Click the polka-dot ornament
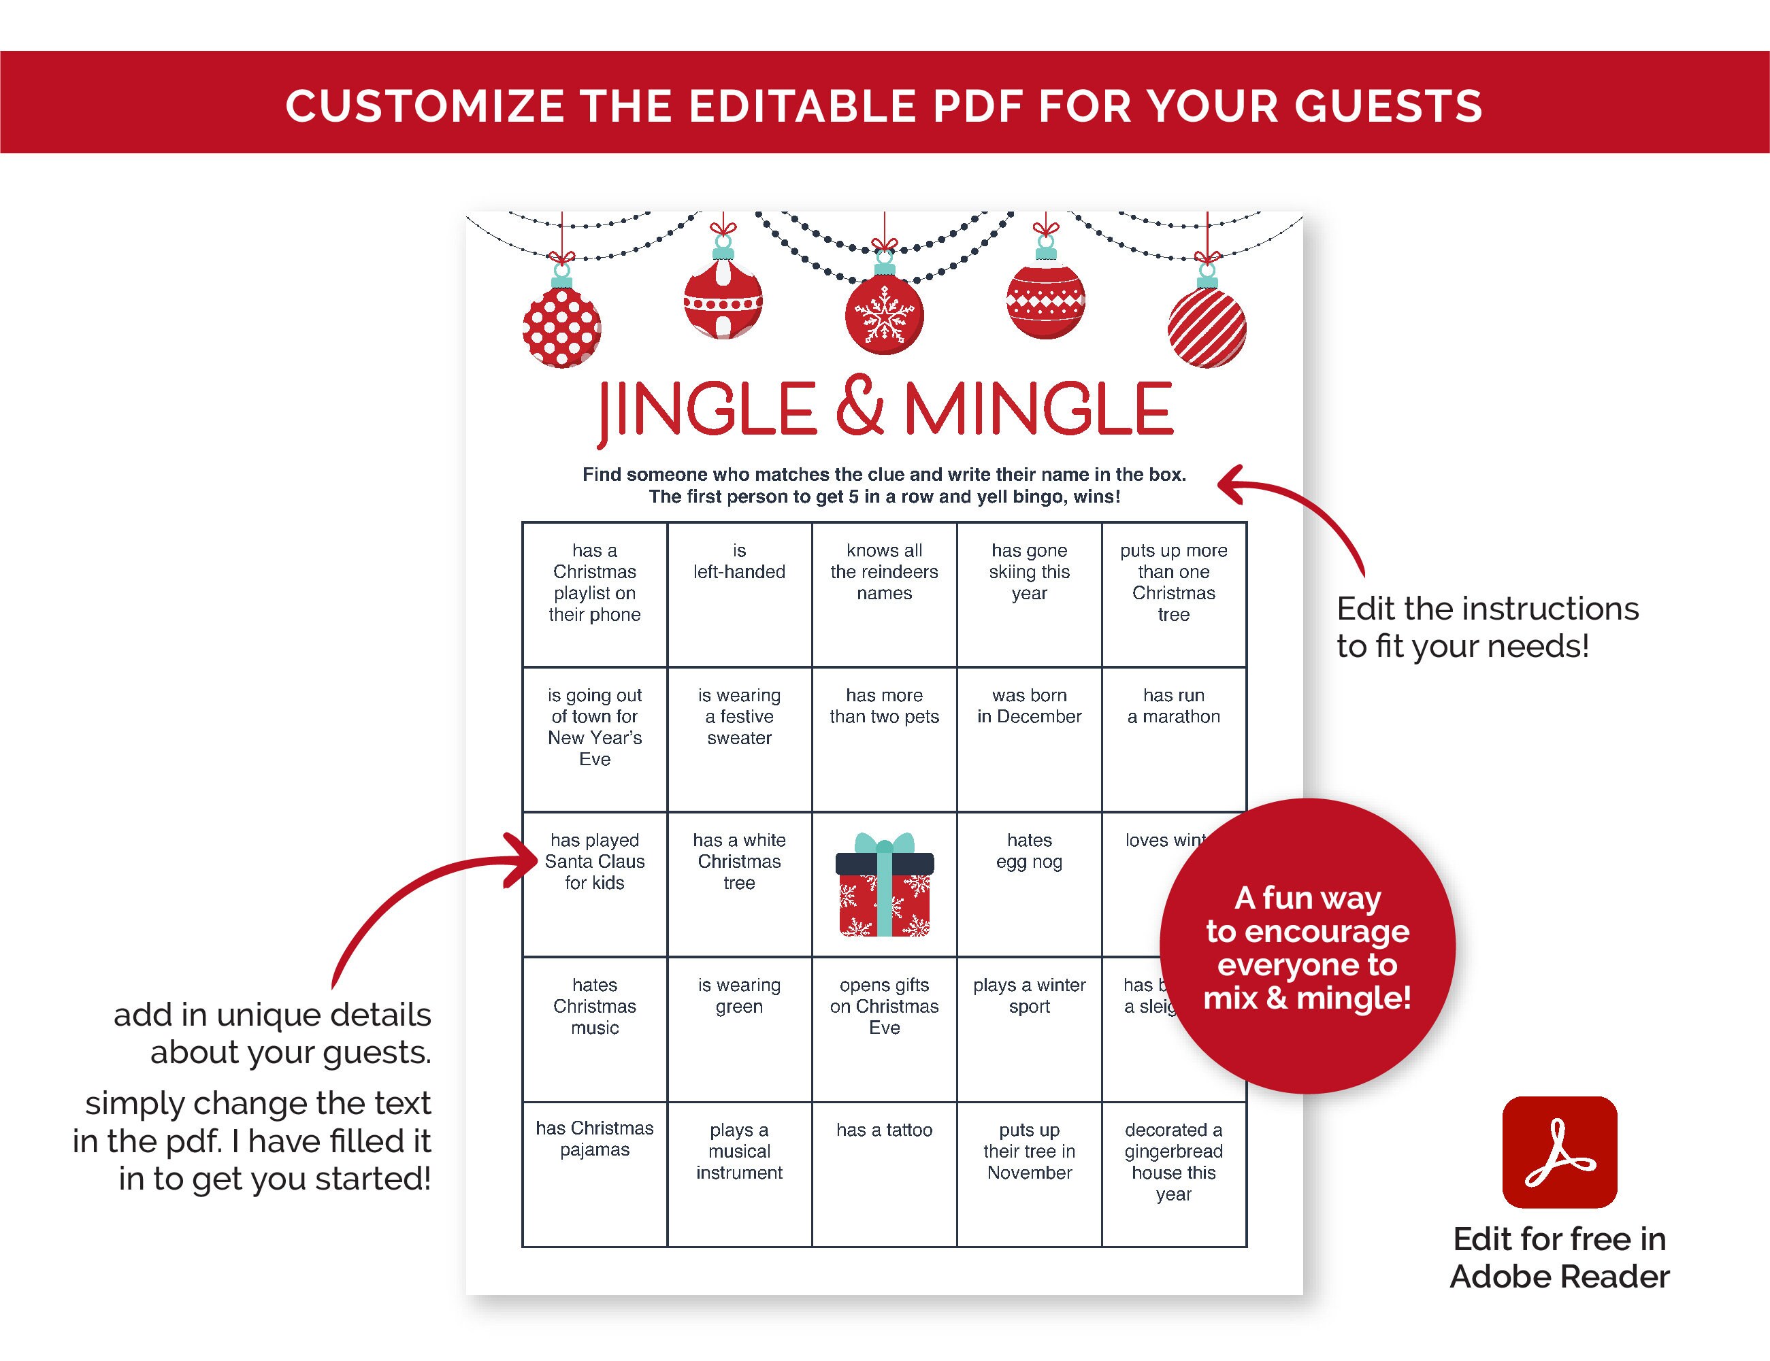[561, 326]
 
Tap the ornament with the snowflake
[884, 315]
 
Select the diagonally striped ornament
[1207, 327]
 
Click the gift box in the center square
[884, 885]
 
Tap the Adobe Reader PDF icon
[1559, 1152]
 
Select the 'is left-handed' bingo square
[739, 594]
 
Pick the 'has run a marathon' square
[1173, 739]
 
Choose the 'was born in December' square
[1029, 739]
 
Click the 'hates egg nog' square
[1029, 884]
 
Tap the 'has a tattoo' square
[884, 1174]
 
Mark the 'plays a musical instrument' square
[739, 1174]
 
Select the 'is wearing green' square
[739, 1029]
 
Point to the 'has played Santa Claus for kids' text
[595, 861]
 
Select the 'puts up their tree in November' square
[1029, 1174]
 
